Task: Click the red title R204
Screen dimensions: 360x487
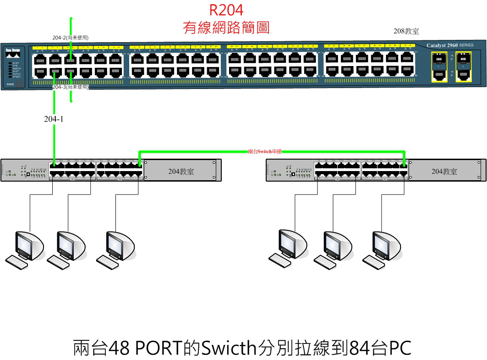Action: point(226,10)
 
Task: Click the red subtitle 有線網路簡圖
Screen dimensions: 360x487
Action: point(226,28)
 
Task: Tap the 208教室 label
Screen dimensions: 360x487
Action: point(406,31)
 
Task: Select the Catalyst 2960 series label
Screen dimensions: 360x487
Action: point(450,45)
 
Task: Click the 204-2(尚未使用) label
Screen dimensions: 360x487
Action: point(70,38)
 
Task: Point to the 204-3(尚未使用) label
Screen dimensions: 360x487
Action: point(70,87)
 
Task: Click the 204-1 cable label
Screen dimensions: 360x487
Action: point(54,119)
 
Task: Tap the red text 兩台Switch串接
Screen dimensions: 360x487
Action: point(264,151)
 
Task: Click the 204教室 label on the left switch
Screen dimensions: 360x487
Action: point(181,172)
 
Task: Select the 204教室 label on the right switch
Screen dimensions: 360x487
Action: point(444,172)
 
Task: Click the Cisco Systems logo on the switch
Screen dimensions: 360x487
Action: point(13,50)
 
